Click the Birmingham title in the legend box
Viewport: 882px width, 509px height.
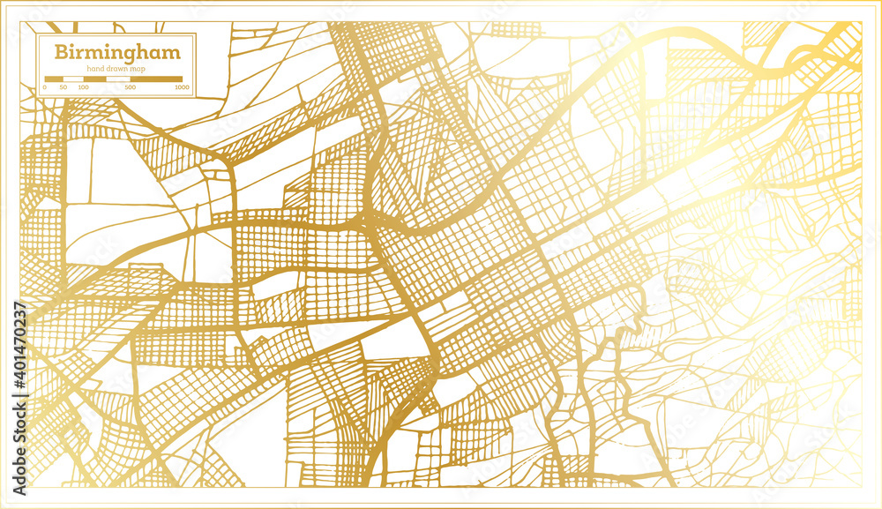pos(117,52)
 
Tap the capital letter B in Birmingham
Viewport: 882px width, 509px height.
pos(61,52)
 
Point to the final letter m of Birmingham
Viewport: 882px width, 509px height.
pos(171,52)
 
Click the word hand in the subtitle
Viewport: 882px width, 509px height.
pos(95,69)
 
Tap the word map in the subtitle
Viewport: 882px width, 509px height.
pos(139,69)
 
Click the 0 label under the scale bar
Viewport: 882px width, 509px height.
pos(45,88)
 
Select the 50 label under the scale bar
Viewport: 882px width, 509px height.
pos(64,88)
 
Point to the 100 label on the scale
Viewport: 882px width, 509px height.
pos(83,88)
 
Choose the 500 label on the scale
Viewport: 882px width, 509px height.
pos(131,88)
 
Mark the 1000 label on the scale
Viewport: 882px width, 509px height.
pos(182,88)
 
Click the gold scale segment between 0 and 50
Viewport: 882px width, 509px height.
pos(54,79)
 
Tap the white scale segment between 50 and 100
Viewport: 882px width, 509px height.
pos(73,79)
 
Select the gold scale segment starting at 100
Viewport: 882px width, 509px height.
pos(94,79)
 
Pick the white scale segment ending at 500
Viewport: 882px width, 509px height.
pos(118,79)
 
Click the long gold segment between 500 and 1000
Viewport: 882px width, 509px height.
pos(156,79)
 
